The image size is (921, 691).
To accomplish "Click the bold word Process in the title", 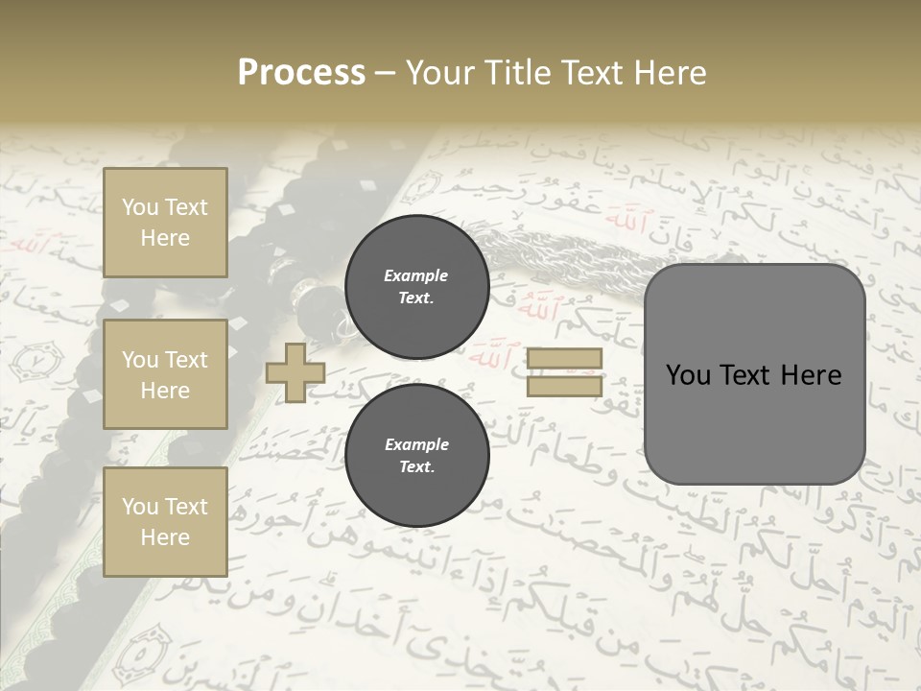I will (x=301, y=72).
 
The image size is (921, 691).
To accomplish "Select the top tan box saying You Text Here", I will (x=165, y=223).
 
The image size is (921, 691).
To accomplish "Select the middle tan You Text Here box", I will (x=165, y=374).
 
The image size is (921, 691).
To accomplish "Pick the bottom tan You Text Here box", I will (x=165, y=522).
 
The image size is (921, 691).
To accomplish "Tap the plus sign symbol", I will (x=295, y=373).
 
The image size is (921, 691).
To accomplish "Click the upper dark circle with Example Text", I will (x=416, y=287).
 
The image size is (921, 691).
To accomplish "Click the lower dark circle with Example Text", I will (x=416, y=456).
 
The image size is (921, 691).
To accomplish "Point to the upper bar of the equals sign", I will (x=564, y=358).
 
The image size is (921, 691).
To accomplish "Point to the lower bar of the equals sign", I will (x=564, y=386).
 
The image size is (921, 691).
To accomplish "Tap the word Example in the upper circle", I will (x=416, y=275).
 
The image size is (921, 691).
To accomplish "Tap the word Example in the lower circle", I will (x=416, y=444).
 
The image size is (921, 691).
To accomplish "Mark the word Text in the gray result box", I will (x=743, y=375).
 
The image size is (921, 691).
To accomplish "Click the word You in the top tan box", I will (x=140, y=207).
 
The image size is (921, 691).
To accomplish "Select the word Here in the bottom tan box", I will (x=165, y=537).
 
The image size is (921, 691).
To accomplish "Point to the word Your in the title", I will (x=437, y=73).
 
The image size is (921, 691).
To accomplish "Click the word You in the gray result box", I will (x=688, y=375).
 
